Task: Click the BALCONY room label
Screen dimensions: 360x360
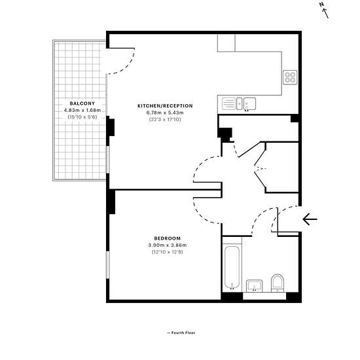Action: coord(82,103)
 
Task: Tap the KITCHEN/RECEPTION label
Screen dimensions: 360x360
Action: coord(165,106)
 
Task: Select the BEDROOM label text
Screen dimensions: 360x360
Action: coord(168,238)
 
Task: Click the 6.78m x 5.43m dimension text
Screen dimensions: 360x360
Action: coord(165,113)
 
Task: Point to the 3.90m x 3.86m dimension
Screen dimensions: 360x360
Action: coord(168,245)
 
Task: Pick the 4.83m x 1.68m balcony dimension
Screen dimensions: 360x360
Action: coord(82,110)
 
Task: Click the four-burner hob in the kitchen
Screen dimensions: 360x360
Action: coord(290,77)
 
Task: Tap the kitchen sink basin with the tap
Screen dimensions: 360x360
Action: coord(249,104)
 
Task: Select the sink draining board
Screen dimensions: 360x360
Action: coord(228,103)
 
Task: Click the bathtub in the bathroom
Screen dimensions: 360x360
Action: coord(232,268)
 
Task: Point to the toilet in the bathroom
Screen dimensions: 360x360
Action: coord(278,283)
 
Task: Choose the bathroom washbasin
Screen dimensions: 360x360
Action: coord(255,286)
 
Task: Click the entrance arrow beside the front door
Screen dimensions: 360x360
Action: coord(310,219)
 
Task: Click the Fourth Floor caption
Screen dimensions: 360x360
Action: coord(181,333)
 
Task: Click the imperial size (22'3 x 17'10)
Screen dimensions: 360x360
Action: coord(165,119)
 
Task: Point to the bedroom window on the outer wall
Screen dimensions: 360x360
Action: coord(107,265)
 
